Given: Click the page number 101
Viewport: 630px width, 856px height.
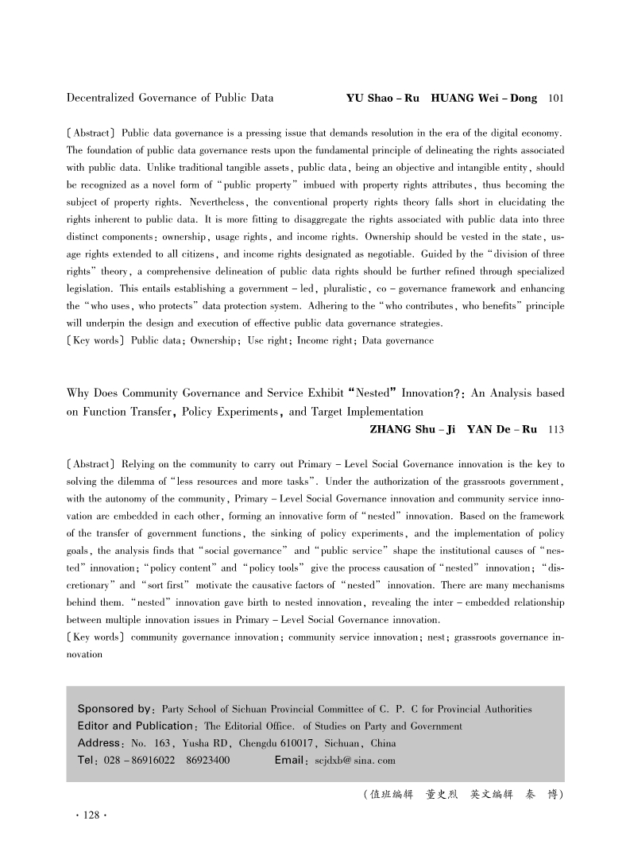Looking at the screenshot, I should coord(556,99).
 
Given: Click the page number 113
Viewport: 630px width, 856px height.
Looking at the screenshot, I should coord(556,430).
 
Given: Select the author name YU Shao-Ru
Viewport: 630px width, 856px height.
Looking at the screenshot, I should coord(383,99).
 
